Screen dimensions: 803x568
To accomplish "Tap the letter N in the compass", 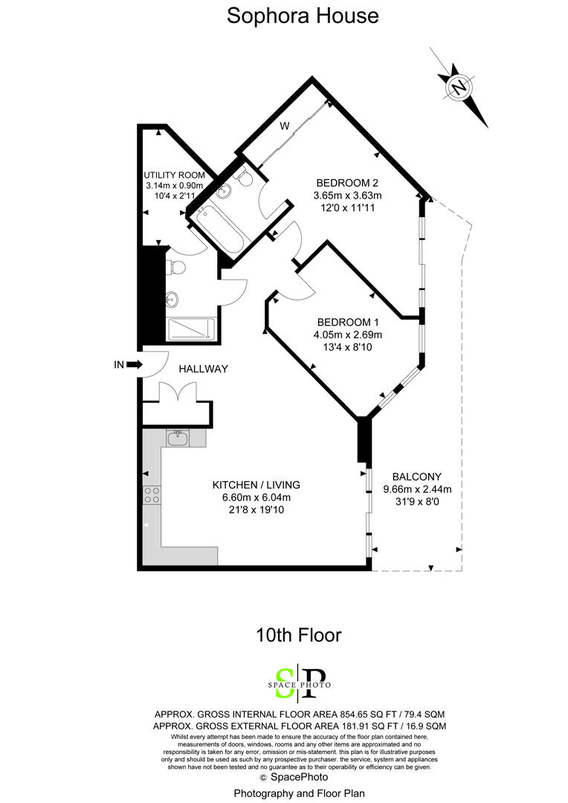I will click(459, 88).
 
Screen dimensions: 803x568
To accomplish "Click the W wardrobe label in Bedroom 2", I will click(284, 126).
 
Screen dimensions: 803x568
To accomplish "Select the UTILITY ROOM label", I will click(173, 175).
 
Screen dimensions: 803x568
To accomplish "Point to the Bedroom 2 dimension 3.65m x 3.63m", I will click(347, 196).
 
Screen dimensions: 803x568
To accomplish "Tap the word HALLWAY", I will click(203, 369).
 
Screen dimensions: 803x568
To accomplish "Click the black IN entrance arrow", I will click(134, 364).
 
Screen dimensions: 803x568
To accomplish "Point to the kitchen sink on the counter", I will click(177, 439).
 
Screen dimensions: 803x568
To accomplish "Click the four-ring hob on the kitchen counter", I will click(152, 494).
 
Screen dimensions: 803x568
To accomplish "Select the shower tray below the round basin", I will click(191, 329).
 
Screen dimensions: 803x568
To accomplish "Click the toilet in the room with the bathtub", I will click(243, 175).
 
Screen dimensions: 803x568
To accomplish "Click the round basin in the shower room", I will click(173, 300).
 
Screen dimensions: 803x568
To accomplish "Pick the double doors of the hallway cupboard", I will click(177, 392).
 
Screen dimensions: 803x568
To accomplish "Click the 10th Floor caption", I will click(298, 635).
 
